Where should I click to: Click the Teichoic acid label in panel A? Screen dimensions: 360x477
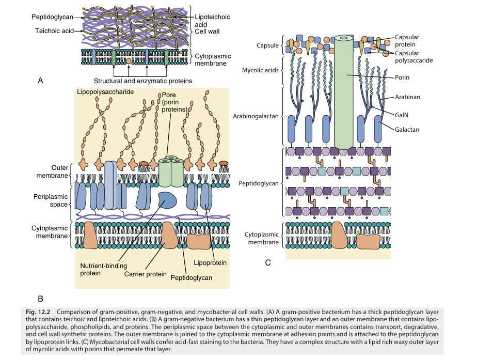coord(54,31)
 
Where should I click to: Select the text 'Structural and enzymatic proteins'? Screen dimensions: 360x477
coord(143,81)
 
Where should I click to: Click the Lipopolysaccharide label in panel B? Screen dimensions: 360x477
coord(105,92)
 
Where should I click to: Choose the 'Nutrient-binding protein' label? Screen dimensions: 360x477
coord(100,270)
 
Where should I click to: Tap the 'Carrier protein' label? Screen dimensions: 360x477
coord(145,274)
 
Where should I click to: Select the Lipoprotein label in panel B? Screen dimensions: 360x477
coord(210,262)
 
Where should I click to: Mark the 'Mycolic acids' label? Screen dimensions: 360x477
coord(261,69)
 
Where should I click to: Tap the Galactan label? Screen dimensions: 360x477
coord(407,130)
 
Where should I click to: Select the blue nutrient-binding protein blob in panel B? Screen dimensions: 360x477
coord(166,199)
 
